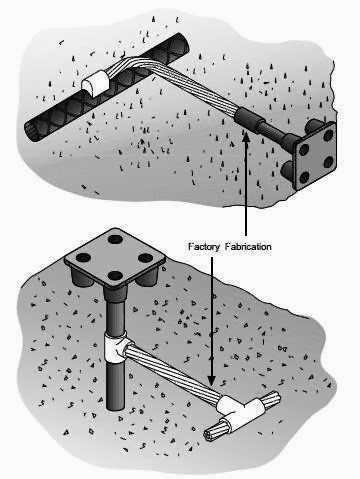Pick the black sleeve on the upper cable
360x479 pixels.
click(251, 121)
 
